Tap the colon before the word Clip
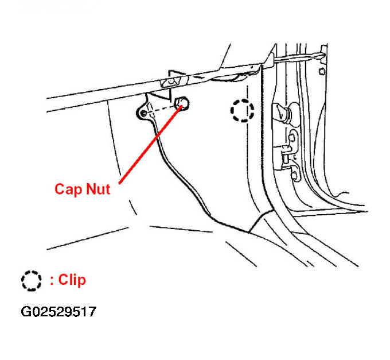click(52, 281)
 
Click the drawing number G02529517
click(58, 312)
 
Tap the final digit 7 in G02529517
click(92, 312)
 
